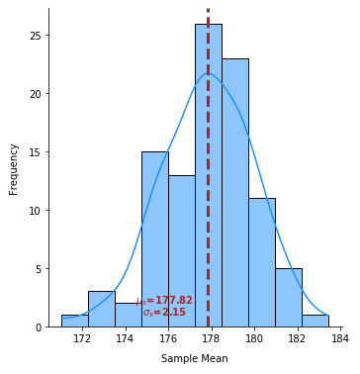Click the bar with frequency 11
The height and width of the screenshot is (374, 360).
pyautogui.click(x=261, y=262)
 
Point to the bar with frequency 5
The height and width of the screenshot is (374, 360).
pyautogui.click(x=288, y=298)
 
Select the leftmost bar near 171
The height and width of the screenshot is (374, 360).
pyautogui.click(x=74, y=321)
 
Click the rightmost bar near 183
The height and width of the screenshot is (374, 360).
pyautogui.click(x=315, y=321)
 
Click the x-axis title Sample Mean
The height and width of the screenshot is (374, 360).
pyautogui.click(x=195, y=359)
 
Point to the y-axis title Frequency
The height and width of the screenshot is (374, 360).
pyautogui.click(x=14, y=168)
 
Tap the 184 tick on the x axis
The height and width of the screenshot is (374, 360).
pyautogui.click(x=339, y=338)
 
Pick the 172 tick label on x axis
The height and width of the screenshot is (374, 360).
pyautogui.click(x=82, y=338)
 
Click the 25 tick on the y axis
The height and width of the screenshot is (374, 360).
pyautogui.click(x=34, y=36)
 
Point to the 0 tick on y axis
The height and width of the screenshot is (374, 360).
pyautogui.click(x=37, y=327)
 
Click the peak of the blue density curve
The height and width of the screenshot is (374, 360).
pyautogui.click(x=209, y=74)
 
